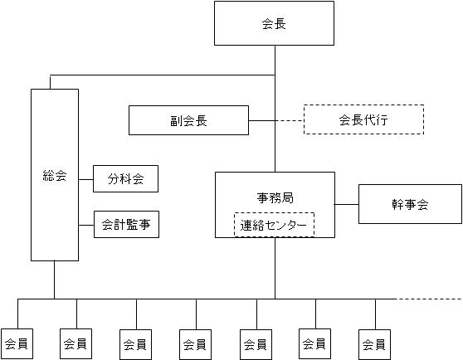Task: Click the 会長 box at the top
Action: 274,23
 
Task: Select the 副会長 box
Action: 188,120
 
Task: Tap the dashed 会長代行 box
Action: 363,119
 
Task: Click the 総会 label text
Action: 55,176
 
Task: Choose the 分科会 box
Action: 125,179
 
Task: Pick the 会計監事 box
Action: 126,224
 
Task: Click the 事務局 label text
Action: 275,197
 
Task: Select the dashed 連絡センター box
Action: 274,225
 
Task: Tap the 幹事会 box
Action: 410,204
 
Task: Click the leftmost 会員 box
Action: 17,344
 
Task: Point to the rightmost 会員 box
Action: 374,344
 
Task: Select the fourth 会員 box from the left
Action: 195,344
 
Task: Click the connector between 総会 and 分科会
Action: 86,179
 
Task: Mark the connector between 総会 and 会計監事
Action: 86,226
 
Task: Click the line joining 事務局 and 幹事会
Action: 346,204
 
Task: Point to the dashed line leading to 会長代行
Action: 290,120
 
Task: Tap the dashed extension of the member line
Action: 429,299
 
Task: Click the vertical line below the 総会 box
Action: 54,280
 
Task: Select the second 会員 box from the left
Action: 76,344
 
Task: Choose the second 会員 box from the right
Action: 314,344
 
